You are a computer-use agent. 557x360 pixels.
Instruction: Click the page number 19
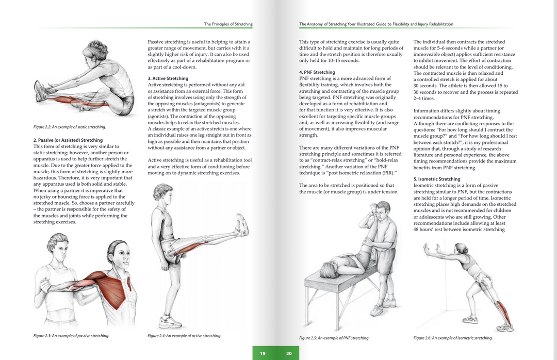(x=263, y=353)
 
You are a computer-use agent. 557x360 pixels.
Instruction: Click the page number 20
(x=289, y=353)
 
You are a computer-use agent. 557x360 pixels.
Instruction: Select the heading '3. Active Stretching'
(x=168, y=78)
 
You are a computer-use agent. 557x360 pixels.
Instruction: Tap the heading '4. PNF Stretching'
(x=317, y=72)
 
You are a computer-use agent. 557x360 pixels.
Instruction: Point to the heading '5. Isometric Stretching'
(x=436, y=179)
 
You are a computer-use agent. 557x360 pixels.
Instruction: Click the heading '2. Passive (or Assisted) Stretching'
(x=68, y=140)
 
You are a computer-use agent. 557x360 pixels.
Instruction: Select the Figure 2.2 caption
(x=70, y=127)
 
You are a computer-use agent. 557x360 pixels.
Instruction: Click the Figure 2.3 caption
(x=71, y=336)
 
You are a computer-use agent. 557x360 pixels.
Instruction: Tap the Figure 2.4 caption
(x=184, y=336)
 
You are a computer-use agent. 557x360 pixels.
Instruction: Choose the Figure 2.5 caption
(x=334, y=338)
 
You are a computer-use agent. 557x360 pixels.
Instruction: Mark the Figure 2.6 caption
(x=453, y=338)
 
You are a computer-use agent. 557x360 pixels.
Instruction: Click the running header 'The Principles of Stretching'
(x=228, y=24)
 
